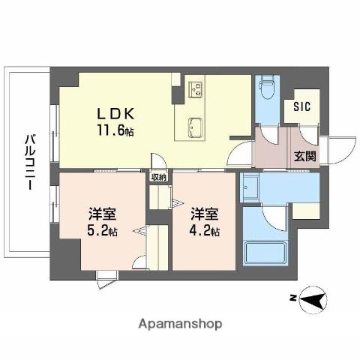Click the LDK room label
click(115, 114)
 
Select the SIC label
click(301, 106)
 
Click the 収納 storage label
click(158, 178)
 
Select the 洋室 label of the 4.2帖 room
click(203, 214)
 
